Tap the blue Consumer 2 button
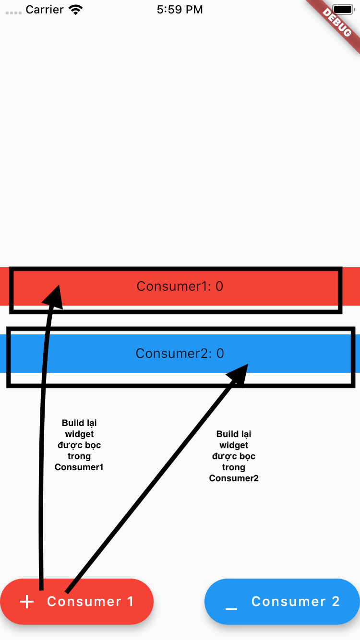pyautogui.click(x=282, y=602)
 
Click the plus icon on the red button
pyautogui.click(x=27, y=602)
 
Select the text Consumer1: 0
pyautogui.click(x=180, y=286)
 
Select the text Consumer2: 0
pyautogui.click(x=180, y=354)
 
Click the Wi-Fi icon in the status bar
pyautogui.click(x=75, y=10)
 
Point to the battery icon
pyautogui.click(x=343, y=10)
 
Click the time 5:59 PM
pyautogui.click(x=180, y=10)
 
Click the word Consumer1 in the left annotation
pyautogui.click(x=79, y=467)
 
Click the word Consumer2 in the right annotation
pyautogui.click(x=234, y=478)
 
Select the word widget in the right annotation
pyautogui.click(x=234, y=445)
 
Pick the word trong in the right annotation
pyautogui.click(x=234, y=467)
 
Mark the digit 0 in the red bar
pyautogui.click(x=219, y=286)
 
